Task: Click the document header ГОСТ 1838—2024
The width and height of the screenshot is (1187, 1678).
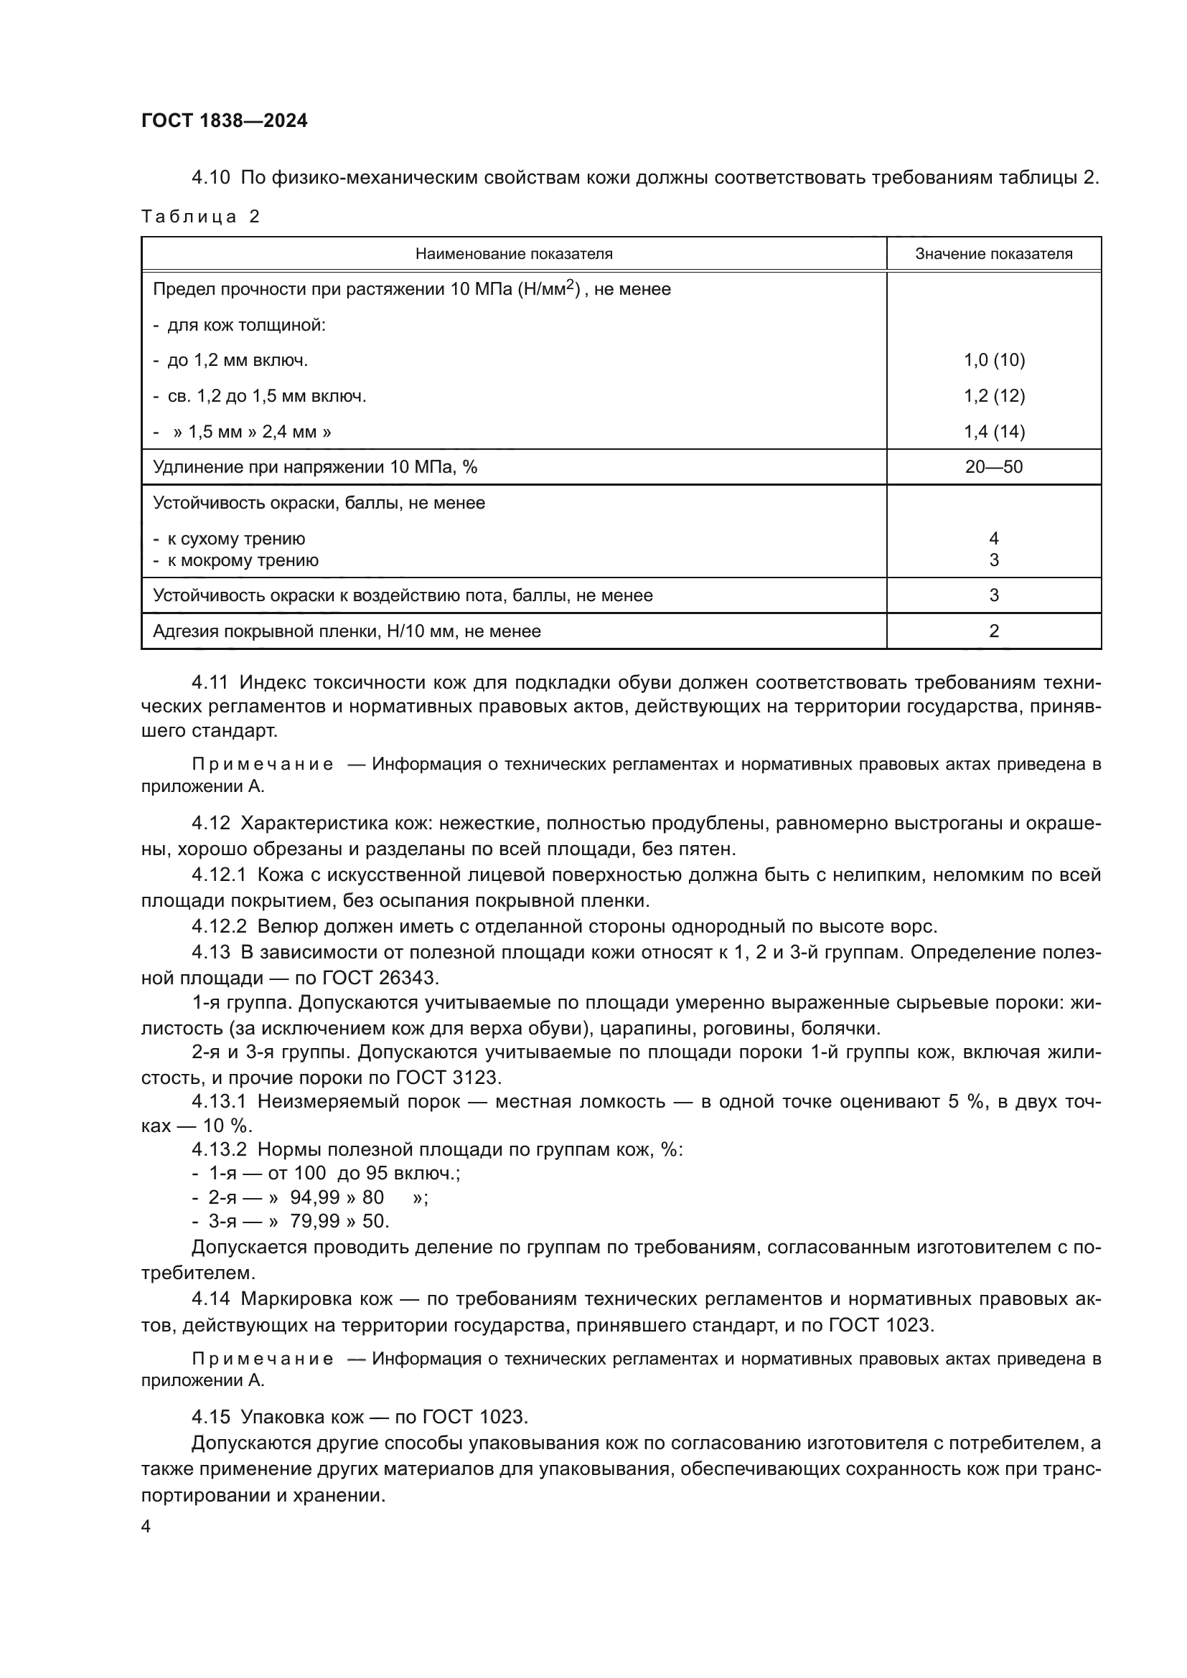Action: click(x=225, y=121)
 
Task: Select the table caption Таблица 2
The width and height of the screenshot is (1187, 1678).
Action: click(x=200, y=217)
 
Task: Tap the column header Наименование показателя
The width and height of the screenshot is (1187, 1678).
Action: click(x=514, y=255)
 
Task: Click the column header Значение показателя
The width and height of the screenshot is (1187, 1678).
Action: click(x=994, y=255)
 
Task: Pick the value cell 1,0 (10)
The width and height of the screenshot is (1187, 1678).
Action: click(x=994, y=360)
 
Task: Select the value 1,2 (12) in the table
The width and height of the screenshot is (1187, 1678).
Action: click(x=994, y=396)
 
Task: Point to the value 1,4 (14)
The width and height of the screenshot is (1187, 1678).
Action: click(x=994, y=432)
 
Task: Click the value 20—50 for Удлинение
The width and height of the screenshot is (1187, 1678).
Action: click(x=994, y=467)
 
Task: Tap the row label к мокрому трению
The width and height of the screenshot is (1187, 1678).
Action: click(x=243, y=560)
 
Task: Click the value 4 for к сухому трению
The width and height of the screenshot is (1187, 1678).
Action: click(x=994, y=539)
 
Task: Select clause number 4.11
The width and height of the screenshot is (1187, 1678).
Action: click(x=210, y=682)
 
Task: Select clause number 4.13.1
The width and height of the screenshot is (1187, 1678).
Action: click(x=220, y=1102)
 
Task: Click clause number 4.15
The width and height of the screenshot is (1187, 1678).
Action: click(x=210, y=1417)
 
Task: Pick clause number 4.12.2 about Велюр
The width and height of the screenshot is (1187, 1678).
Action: click(x=220, y=927)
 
